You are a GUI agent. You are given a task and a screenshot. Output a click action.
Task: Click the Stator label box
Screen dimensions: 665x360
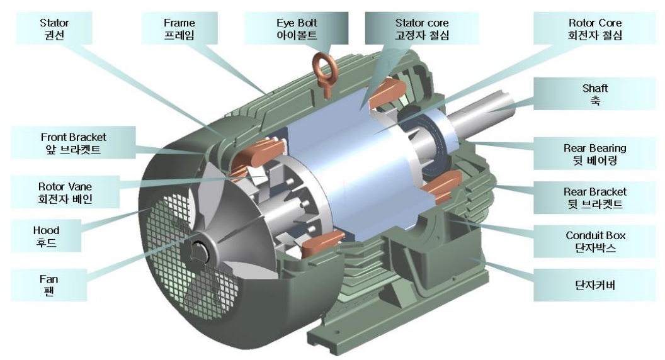point(54,28)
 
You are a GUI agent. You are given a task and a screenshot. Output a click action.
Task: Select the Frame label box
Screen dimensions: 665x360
point(179,28)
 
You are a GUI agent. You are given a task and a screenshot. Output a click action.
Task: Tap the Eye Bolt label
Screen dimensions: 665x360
point(297,28)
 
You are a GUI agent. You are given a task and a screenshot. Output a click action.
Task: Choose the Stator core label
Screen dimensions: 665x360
point(422,28)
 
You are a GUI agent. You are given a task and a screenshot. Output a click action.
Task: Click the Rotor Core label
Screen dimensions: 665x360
point(594,28)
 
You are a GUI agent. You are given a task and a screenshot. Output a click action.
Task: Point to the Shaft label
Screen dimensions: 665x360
point(594,94)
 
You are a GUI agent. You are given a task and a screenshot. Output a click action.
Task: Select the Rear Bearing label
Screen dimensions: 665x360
point(594,154)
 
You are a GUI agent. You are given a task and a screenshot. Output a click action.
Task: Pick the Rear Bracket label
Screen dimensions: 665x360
point(594,198)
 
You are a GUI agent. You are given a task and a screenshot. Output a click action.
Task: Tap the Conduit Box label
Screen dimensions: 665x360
point(594,241)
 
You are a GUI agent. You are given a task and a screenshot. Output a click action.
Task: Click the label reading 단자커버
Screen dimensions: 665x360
point(594,285)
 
